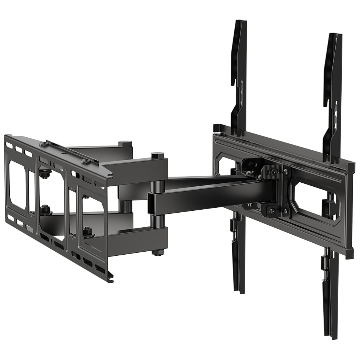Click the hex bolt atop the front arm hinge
tap(157, 155)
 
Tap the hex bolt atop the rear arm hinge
tap(125, 144)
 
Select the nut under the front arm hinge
tap(158, 252)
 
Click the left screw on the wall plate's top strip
tap(44, 144)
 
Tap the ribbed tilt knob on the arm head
tap(271, 173)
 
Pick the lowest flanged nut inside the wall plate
tap(89, 232)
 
